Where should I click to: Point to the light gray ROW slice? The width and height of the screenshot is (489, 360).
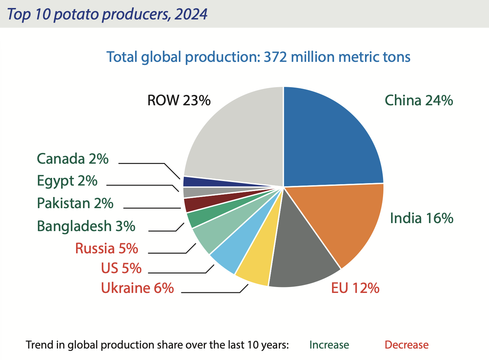point(236,139)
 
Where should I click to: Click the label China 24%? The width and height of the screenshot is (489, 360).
point(418,100)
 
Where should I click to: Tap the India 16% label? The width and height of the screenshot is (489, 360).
point(421,218)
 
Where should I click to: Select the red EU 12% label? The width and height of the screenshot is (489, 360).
point(355,288)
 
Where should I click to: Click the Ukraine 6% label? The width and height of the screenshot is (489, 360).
point(137,288)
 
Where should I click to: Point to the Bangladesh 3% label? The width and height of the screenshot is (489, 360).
point(86,226)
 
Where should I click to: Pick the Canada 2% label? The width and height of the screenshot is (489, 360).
point(73,159)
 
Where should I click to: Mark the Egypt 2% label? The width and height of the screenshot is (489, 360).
point(67,181)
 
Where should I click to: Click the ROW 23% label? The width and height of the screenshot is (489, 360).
point(179,100)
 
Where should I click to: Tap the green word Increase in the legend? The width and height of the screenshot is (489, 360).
point(329,345)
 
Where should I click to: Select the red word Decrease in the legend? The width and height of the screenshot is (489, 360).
point(406,345)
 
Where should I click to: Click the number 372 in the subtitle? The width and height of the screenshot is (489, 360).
point(275,57)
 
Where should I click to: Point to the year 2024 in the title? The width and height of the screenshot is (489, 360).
point(191,14)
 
